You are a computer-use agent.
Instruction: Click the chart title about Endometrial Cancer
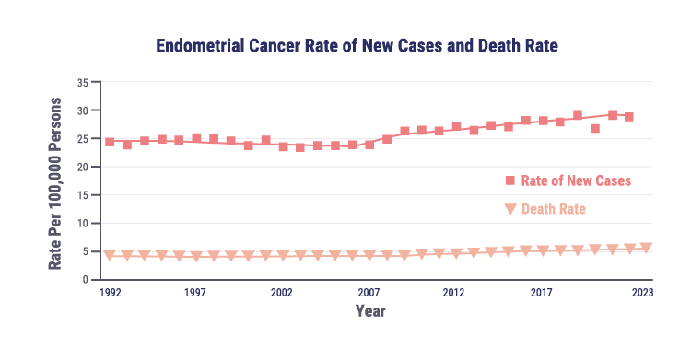[357, 44]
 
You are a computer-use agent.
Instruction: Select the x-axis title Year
[370, 311]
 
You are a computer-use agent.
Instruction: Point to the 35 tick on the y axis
[82, 83]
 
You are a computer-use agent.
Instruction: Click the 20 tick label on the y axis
[82, 168]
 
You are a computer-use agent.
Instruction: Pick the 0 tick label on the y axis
[85, 280]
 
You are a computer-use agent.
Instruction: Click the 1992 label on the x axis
[109, 293]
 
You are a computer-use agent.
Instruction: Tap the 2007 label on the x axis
[369, 293]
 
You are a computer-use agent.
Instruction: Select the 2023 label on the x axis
[643, 293]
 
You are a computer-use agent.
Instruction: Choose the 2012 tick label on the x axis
[453, 293]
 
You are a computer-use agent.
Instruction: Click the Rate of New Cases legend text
[576, 180]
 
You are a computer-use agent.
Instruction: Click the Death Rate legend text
[553, 210]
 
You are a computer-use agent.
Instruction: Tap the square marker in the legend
[509, 180]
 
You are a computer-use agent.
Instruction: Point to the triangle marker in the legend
[509, 210]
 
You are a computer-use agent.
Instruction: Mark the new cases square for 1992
[110, 142]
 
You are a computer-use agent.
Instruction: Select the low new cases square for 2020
[595, 128]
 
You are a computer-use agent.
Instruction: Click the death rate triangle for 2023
[646, 248]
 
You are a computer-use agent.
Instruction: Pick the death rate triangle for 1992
[110, 255]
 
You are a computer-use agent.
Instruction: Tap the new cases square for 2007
[369, 145]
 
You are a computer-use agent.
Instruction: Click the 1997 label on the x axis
[194, 293]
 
